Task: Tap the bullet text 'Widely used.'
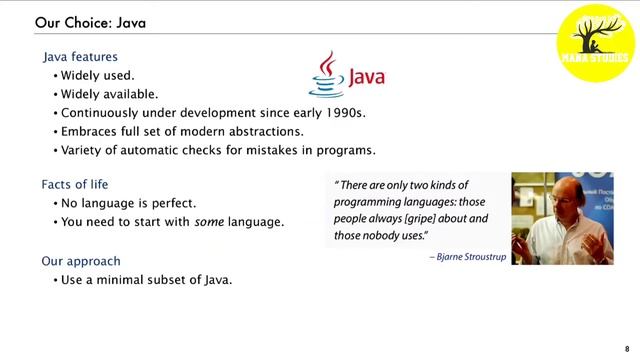coord(98,76)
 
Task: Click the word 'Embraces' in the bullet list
coord(90,131)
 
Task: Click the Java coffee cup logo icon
coord(324,74)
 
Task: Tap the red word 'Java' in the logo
coord(365,78)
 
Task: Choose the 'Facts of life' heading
coord(75,185)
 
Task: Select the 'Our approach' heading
coord(81,261)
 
